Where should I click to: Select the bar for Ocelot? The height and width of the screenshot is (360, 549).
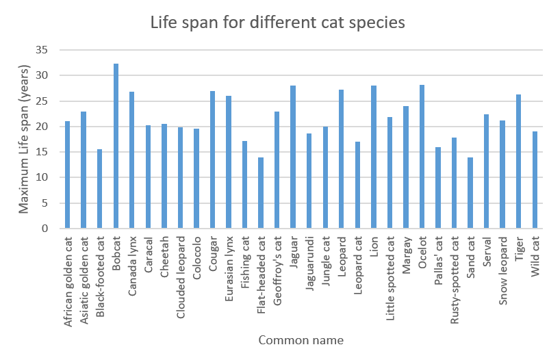pyautogui.click(x=422, y=157)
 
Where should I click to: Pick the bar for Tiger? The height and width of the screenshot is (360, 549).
pyautogui.click(x=519, y=162)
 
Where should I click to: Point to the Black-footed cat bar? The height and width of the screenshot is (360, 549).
pyautogui.click(x=100, y=189)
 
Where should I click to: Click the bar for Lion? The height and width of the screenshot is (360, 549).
pyautogui.click(x=374, y=157)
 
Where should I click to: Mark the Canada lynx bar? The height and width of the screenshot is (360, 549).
pyautogui.click(x=132, y=160)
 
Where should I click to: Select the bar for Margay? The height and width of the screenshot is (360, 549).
pyautogui.click(x=406, y=167)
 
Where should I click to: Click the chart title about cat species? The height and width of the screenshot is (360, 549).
pyautogui.click(x=278, y=22)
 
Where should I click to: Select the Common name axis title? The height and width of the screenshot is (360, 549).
pyautogui.click(x=301, y=340)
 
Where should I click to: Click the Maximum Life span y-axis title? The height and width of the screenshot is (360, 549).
pyautogui.click(x=25, y=139)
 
